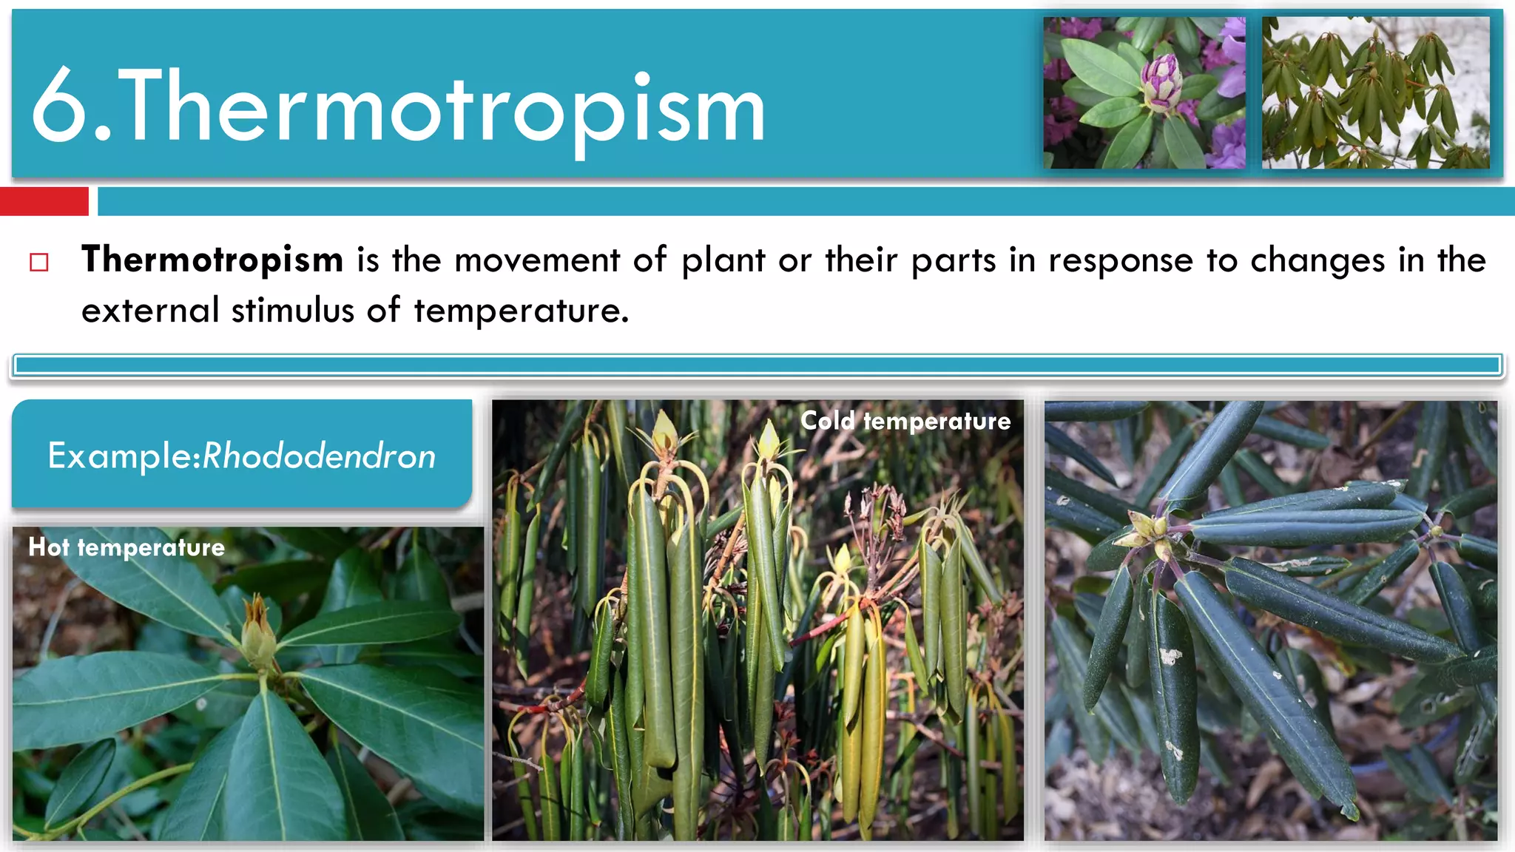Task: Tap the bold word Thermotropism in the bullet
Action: (212, 260)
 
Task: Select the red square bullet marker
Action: (39, 263)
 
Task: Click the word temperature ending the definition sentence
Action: (521, 311)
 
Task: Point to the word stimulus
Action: (293, 311)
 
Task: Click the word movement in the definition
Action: (536, 260)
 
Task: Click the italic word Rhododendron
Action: (319, 456)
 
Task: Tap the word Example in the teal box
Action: (120, 456)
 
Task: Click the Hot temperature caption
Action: (126, 547)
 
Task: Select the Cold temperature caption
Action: (905, 421)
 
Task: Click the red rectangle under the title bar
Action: (44, 201)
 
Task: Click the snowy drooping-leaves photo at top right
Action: (1375, 92)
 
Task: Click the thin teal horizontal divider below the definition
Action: (757, 365)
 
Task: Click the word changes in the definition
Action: (1317, 260)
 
